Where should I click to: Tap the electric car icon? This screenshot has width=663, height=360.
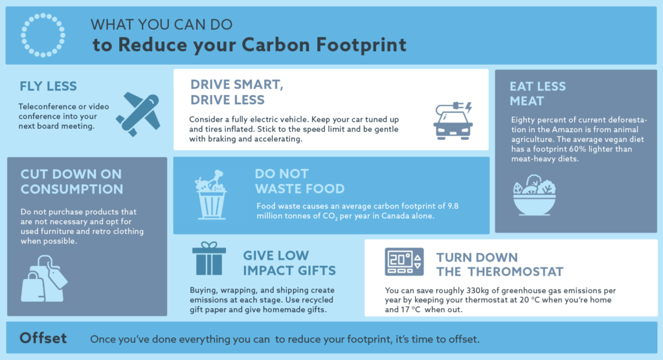[453, 120]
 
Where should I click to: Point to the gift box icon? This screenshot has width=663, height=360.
[208, 259]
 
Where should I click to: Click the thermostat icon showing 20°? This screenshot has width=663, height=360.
[404, 262]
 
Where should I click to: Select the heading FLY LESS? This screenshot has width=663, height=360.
[49, 87]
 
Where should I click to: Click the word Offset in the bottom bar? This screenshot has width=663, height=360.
[43, 339]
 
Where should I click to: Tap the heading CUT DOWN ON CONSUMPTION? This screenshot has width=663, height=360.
[71, 181]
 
